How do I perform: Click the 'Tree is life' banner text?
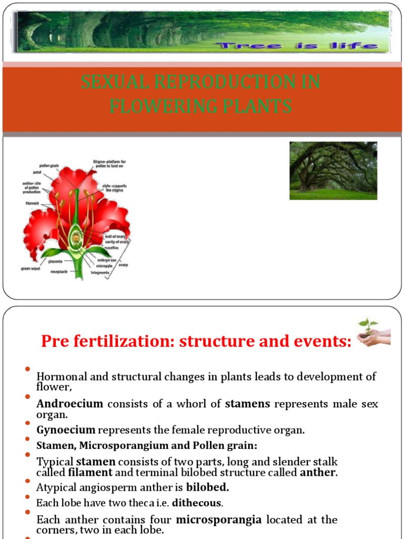[x=299, y=46]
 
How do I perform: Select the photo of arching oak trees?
[x=333, y=171]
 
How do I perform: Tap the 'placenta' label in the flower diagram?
[x=56, y=261]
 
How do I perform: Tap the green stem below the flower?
[x=79, y=272]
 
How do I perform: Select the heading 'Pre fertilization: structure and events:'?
[x=196, y=342]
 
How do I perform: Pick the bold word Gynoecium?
[x=66, y=430]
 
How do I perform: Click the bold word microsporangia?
[x=218, y=520]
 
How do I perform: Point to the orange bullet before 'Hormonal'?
[x=27, y=369]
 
